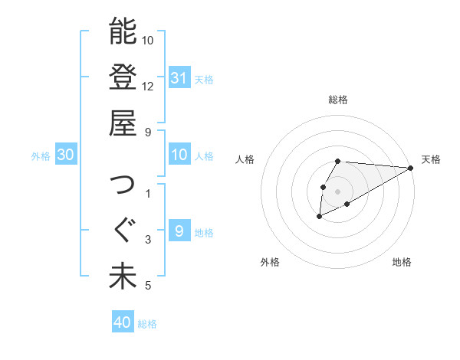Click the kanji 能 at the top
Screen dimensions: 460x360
click(x=123, y=31)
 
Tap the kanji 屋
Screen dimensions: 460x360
click(x=123, y=123)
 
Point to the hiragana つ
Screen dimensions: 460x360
click(x=123, y=185)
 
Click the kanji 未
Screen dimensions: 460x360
click(x=123, y=277)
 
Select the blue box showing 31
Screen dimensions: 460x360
click(x=179, y=77)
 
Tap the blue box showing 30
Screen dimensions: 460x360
click(x=66, y=155)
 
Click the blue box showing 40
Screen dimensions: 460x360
click(x=123, y=322)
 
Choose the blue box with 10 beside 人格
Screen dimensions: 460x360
click(x=179, y=155)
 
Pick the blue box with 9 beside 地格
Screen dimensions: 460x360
click(x=179, y=231)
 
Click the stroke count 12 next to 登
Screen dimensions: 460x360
click(x=148, y=86)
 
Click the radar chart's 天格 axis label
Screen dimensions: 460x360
click(x=431, y=159)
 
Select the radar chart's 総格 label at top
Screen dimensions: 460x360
click(x=338, y=100)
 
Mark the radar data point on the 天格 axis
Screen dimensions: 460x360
click(x=410, y=168)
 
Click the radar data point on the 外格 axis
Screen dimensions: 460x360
click(x=319, y=218)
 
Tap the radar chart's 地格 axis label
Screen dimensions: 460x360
click(x=402, y=263)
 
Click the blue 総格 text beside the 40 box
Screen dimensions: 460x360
click(x=147, y=324)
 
